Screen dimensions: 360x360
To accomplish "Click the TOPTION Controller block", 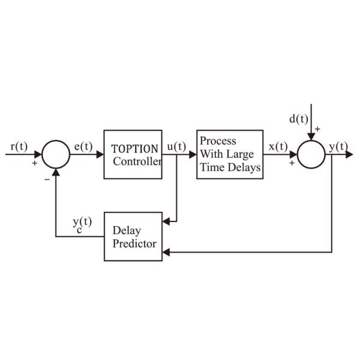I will pos(133,154).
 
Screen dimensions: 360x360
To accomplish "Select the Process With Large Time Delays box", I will pos(230,154).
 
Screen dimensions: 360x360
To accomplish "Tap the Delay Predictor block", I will pos(133,236).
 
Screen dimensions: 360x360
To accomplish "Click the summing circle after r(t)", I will pos(56,154).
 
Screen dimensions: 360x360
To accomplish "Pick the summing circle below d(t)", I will pos(311,154).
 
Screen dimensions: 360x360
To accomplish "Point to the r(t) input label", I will pos(19,146).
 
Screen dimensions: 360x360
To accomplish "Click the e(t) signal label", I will pos(83,146).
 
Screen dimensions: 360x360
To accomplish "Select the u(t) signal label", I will pos(176,146).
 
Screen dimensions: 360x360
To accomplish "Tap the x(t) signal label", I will pos(278,146).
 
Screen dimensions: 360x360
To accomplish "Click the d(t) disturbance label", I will pos(298,118).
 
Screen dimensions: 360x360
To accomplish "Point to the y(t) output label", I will pos(339,146).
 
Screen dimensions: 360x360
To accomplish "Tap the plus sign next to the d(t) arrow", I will pos(317,128).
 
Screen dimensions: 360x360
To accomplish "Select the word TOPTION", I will pos(134,149).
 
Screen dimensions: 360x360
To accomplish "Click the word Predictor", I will pos(134,243).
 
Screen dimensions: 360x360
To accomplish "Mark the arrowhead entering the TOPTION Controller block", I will pos(100,154).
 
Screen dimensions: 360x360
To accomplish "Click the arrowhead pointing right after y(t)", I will pos(350,154).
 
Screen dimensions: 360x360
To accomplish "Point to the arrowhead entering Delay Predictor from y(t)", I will pos(166,252).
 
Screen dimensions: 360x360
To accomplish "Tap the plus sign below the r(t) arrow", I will pos(34,163).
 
